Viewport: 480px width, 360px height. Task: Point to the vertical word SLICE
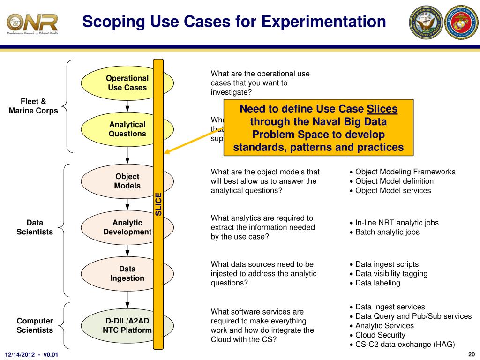coord(158,204)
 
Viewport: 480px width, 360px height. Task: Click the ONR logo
coord(32,22)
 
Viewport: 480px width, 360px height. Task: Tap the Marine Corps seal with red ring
coord(461,22)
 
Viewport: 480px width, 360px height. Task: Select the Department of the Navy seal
coord(426,22)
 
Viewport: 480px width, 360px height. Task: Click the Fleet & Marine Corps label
coord(33,106)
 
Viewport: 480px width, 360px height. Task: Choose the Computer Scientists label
coord(35,325)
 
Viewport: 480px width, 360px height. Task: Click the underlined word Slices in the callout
coord(382,109)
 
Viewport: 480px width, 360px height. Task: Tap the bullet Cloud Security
coord(380,335)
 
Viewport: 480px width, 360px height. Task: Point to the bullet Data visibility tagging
coord(391,274)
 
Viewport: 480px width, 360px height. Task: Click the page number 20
coord(472,353)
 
